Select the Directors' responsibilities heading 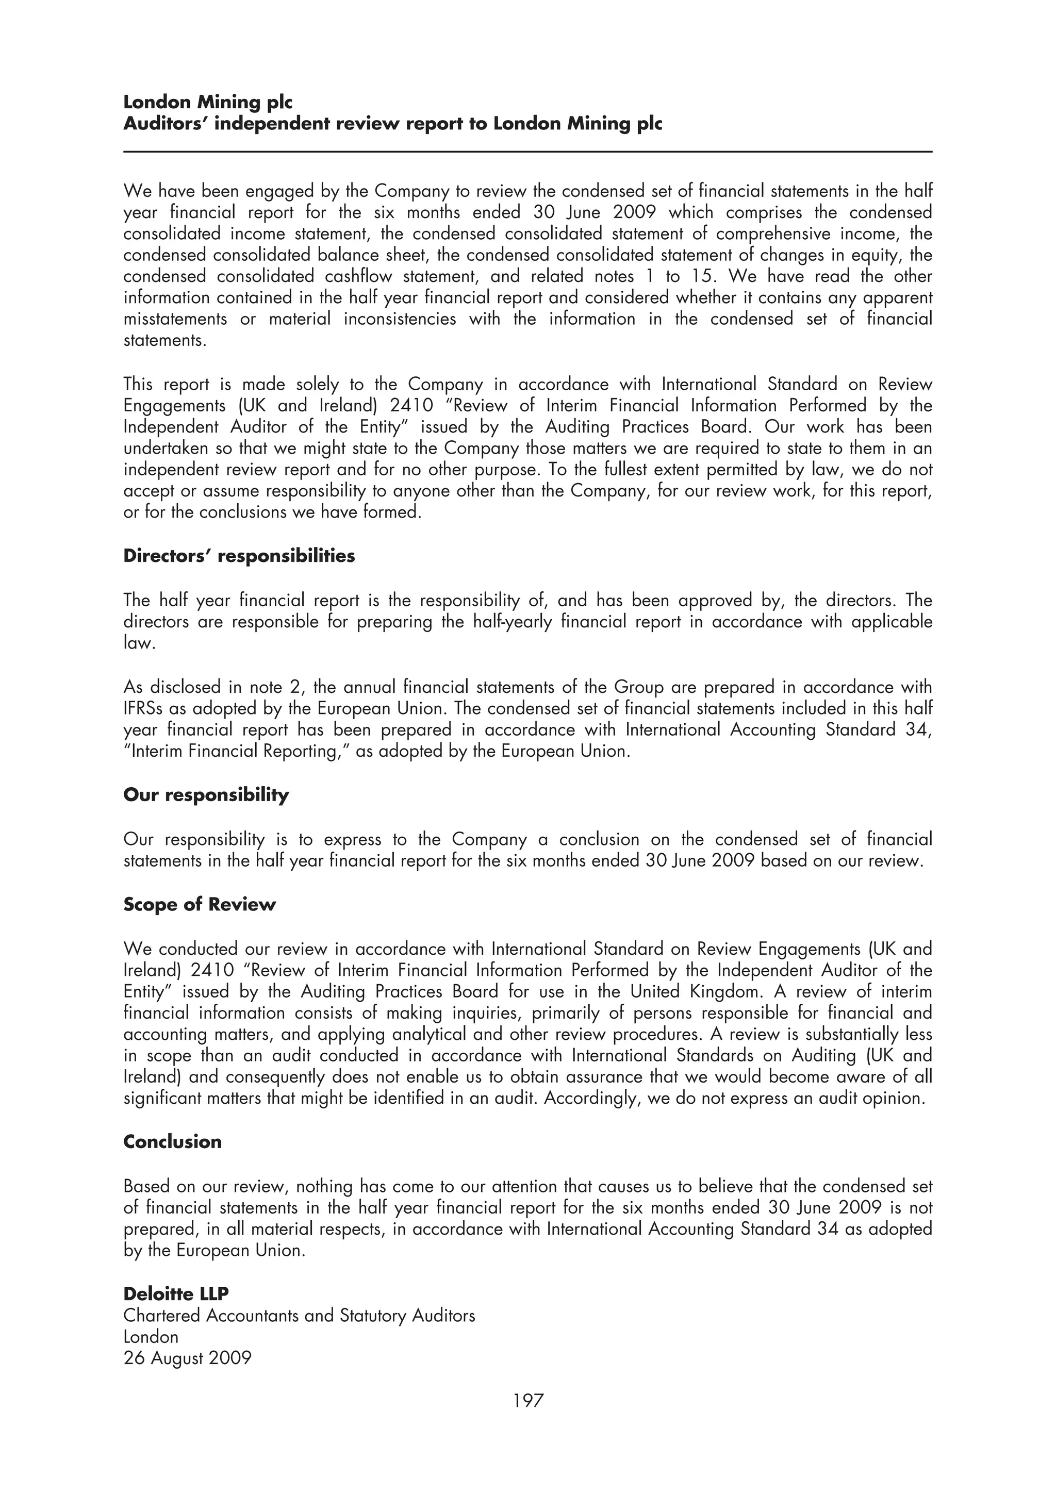pyautogui.click(x=239, y=556)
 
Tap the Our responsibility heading pyautogui.click(x=206, y=795)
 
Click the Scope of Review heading pyautogui.click(x=199, y=904)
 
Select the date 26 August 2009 pyautogui.click(x=187, y=1358)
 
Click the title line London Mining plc pyautogui.click(x=208, y=102)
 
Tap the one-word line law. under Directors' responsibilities pyautogui.click(x=139, y=643)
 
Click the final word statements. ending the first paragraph pyautogui.click(x=164, y=341)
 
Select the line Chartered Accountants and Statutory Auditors pyautogui.click(x=299, y=1316)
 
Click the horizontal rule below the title pyautogui.click(x=527, y=152)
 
